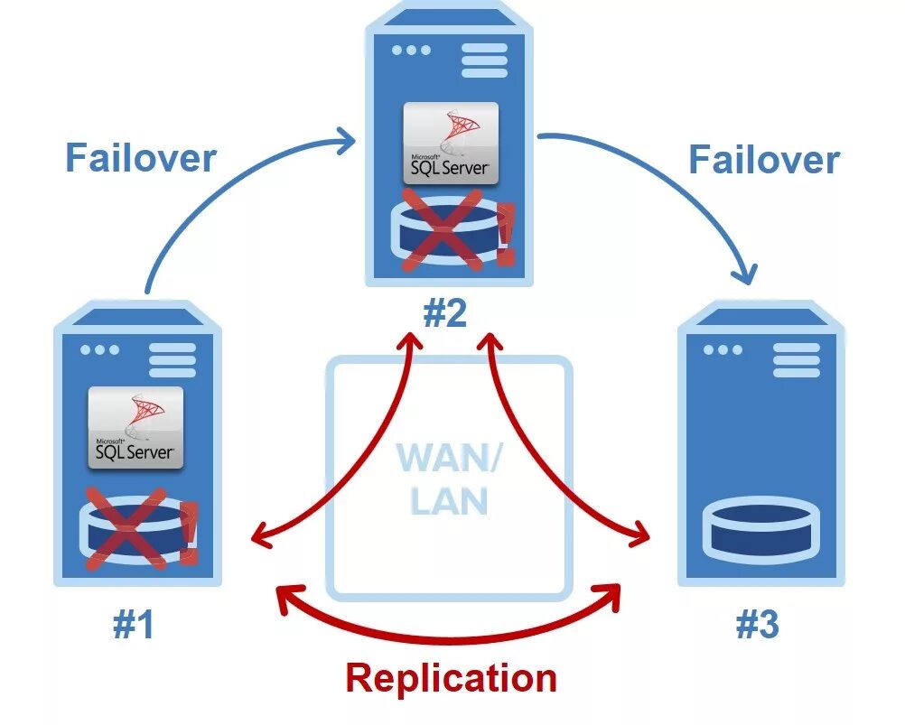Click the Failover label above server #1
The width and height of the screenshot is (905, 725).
140,157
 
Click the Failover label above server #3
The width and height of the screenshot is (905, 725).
764,160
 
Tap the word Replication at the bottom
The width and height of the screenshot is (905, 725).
451,677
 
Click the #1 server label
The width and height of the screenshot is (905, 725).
133,625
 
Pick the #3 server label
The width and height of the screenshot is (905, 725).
757,625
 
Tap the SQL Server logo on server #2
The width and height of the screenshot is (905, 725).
450,144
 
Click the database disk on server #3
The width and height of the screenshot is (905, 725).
760,529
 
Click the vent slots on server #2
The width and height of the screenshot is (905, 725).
484,60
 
